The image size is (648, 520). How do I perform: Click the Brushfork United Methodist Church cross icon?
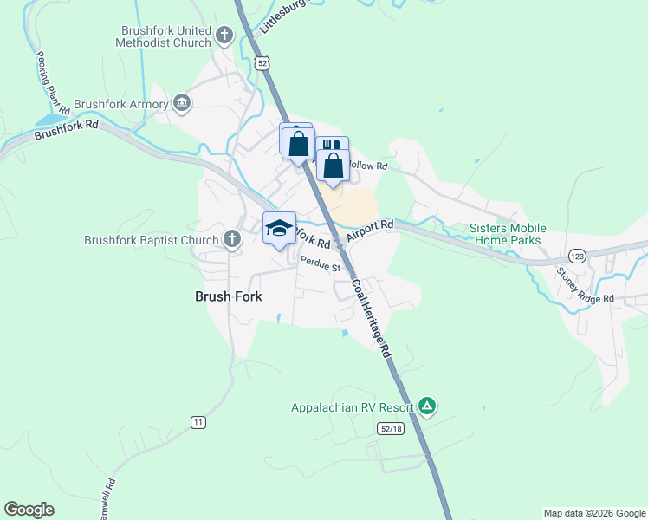pos(224,36)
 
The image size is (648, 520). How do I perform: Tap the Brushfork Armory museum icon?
pos(182,104)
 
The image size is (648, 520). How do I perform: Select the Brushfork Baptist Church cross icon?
pos(231,239)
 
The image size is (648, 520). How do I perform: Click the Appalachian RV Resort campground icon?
pos(426,406)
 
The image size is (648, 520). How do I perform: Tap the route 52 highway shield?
pos(262,63)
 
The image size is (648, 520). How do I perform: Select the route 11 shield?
pos(198,422)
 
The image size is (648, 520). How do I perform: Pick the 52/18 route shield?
pos(392,428)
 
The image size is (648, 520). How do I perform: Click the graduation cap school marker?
pos(279,229)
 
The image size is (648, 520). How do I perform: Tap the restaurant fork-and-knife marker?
pos(333,149)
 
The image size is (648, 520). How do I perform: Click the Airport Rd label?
pos(370,231)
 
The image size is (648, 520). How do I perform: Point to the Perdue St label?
pos(320,264)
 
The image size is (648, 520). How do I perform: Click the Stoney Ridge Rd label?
pos(585,286)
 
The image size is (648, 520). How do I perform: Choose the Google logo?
pos(29,510)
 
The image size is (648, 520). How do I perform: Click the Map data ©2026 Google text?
pos(593,513)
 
